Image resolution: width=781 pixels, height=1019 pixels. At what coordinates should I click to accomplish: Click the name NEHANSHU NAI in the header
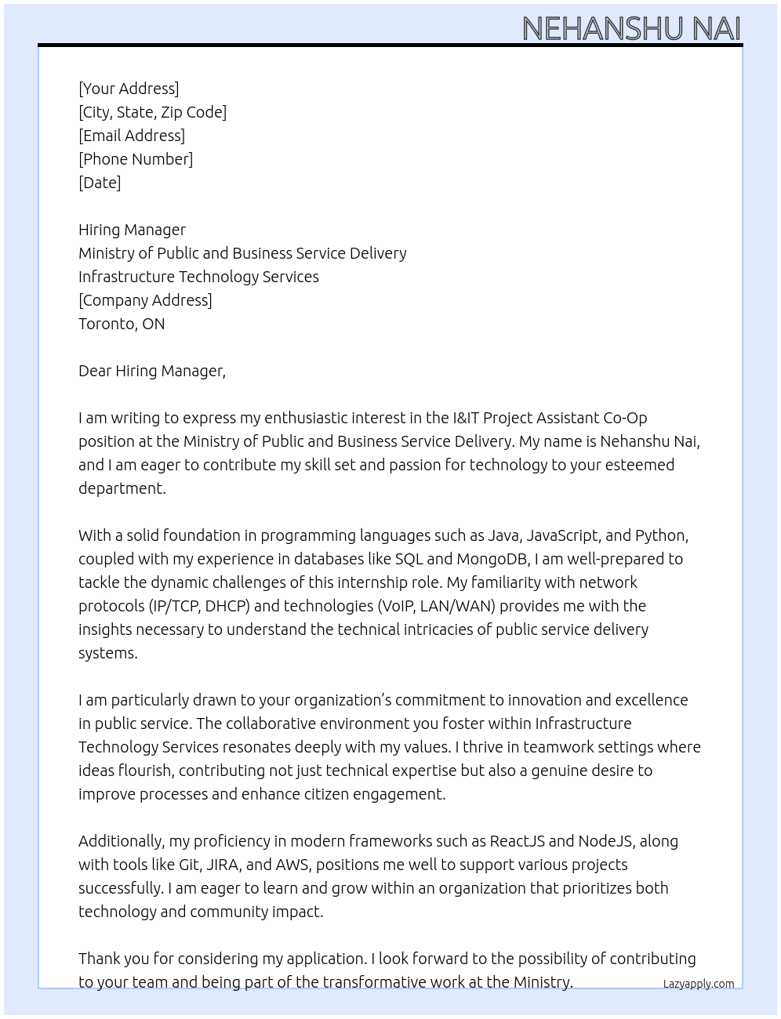[631, 28]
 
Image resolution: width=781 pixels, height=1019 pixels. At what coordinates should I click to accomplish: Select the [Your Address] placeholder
[129, 89]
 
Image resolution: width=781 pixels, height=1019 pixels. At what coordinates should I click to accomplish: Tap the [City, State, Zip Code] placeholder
[152, 112]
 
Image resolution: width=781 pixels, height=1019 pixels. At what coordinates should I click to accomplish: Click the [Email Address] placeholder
[132, 136]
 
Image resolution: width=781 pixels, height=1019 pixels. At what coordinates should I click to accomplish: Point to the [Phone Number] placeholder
[136, 159]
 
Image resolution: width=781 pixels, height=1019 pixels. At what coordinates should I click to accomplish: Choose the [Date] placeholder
[100, 183]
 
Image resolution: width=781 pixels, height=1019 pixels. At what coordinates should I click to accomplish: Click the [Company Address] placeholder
[145, 300]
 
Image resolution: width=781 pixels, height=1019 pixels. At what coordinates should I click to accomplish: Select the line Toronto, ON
[122, 324]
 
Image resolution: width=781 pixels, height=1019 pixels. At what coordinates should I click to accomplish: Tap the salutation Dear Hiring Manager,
[152, 371]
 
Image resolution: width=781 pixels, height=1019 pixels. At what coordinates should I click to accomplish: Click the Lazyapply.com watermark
[699, 984]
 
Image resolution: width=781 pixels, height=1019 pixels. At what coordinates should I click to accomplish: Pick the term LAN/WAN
[458, 606]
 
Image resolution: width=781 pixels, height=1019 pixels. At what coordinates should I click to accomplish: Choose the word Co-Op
[625, 418]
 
